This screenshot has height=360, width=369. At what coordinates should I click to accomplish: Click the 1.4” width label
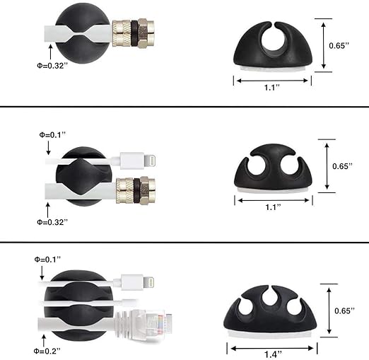(x=273, y=354)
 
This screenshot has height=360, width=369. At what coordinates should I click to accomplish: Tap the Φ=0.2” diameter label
(x=47, y=351)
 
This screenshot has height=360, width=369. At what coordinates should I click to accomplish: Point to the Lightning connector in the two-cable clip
(x=138, y=161)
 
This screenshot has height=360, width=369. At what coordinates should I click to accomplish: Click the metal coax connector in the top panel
(x=134, y=33)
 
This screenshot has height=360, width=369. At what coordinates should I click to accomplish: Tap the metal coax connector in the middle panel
(x=136, y=190)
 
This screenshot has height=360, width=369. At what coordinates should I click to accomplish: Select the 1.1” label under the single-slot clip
(x=272, y=88)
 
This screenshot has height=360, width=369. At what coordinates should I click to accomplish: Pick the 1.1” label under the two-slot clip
(x=274, y=207)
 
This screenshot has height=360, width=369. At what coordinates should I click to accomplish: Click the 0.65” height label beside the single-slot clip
(x=339, y=45)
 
